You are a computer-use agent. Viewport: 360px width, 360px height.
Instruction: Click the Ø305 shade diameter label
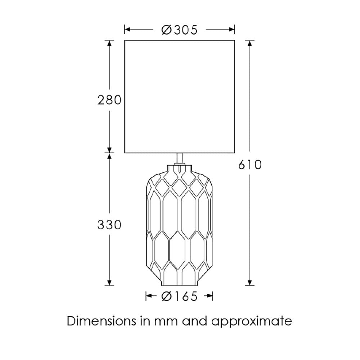point(179,30)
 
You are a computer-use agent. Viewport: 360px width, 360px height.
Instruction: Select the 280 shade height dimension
point(109,100)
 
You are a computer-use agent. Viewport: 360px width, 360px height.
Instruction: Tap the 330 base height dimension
point(109,225)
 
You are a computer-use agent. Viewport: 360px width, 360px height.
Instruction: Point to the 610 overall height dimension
point(250,165)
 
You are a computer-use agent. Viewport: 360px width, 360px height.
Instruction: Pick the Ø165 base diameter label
point(179,296)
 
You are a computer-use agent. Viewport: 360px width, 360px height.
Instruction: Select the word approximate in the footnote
point(252,321)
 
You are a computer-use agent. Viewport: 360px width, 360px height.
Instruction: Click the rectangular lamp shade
point(180,96)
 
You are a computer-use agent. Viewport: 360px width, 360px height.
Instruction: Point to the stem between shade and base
point(180,158)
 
